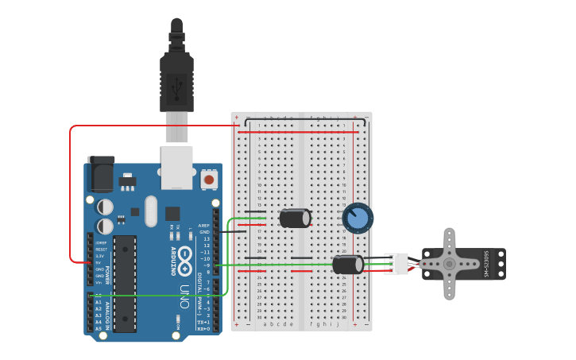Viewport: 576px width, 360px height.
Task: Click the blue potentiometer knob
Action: [x=358, y=218]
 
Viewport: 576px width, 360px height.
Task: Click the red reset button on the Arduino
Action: [x=209, y=180]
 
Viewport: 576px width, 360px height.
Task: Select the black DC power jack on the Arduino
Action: [x=101, y=174]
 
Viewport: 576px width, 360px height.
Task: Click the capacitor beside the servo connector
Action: [x=348, y=264]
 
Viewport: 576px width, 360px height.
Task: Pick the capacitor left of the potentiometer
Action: [x=295, y=218]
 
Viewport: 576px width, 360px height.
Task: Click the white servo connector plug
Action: [x=396, y=263]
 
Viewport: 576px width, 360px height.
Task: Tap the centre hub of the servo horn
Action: [x=449, y=264]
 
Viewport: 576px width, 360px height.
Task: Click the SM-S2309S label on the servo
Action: [x=486, y=264]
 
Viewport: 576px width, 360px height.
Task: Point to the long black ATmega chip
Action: [x=125, y=283]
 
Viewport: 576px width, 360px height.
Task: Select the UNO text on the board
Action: [x=184, y=296]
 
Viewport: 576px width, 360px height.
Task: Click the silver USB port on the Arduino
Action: [x=176, y=167]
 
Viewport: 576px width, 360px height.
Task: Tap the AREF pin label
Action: [x=204, y=226]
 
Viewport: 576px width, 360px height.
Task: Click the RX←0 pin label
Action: [x=203, y=328]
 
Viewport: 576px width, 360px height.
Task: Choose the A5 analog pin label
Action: [x=99, y=328]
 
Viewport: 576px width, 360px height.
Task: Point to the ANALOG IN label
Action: [x=107, y=312]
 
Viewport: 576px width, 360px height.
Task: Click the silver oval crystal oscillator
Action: [x=172, y=213]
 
